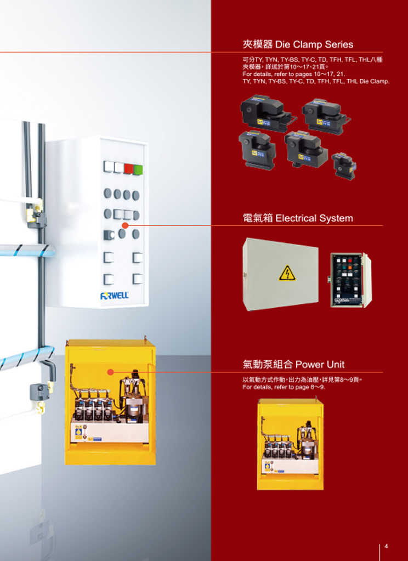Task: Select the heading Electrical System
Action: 298,218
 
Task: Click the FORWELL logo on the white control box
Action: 114,296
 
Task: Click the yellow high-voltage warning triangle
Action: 287,273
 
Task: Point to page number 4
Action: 386,546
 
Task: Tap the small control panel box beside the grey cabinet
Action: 349,280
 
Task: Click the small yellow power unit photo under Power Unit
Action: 290,444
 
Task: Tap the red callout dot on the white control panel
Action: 125,225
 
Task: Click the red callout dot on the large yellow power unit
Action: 111,372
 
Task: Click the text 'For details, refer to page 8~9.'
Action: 284,387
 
